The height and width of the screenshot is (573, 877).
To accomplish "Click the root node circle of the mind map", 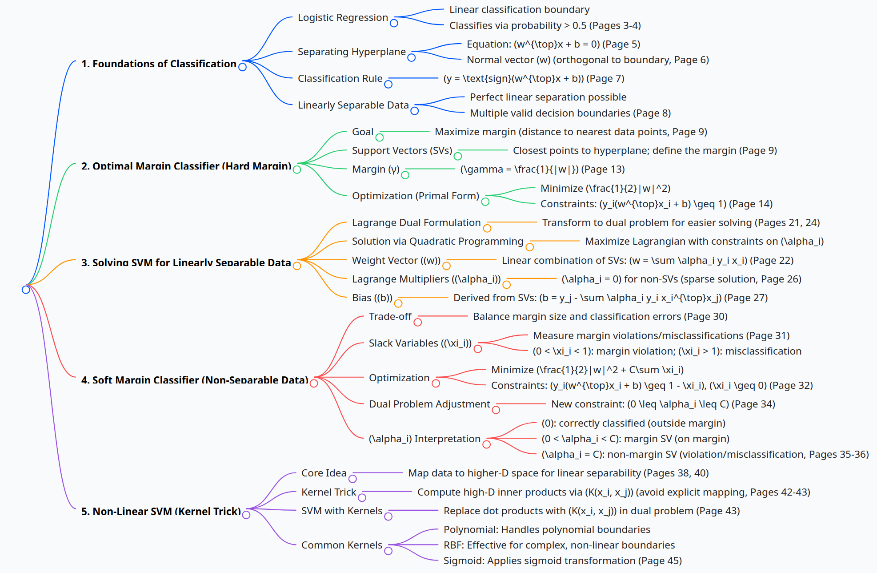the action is click(x=26, y=290).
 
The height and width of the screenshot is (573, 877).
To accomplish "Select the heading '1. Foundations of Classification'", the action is click(x=159, y=64).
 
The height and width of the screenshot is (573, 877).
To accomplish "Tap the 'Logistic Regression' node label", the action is click(x=343, y=17).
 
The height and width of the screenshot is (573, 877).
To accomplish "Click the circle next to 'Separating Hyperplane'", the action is click(x=412, y=57).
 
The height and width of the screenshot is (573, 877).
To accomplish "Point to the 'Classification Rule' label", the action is click(x=340, y=78).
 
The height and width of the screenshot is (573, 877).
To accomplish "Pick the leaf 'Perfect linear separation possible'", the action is click(x=548, y=97).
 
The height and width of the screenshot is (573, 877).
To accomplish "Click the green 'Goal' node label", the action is click(x=363, y=132).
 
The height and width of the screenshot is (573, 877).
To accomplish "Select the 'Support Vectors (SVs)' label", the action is click(x=402, y=150).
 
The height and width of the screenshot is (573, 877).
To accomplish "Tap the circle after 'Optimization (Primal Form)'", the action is click(x=485, y=202).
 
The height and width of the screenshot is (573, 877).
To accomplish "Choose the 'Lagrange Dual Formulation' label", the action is click(x=416, y=222).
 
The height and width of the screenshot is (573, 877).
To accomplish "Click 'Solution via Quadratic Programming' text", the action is click(x=437, y=241).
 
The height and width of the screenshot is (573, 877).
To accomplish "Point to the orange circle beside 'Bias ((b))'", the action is click(x=398, y=303).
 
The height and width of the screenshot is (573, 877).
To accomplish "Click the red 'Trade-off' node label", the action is click(x=390, y=316).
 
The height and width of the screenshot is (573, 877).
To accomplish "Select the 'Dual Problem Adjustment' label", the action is click(x=429, y=404).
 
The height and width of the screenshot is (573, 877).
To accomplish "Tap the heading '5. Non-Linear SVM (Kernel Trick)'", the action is click(x=161, y=511).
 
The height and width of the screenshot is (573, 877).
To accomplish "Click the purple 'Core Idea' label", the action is click(x=324, y=473).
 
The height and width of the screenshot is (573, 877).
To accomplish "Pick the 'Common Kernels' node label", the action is click(x=342, y=545).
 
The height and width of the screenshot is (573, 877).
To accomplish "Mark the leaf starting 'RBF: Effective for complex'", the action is click(x=559, y=545).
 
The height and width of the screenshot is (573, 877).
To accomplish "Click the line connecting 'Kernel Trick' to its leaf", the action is click(x=387, y=492).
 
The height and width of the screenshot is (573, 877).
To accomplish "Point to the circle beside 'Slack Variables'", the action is click(x=478, y=349).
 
